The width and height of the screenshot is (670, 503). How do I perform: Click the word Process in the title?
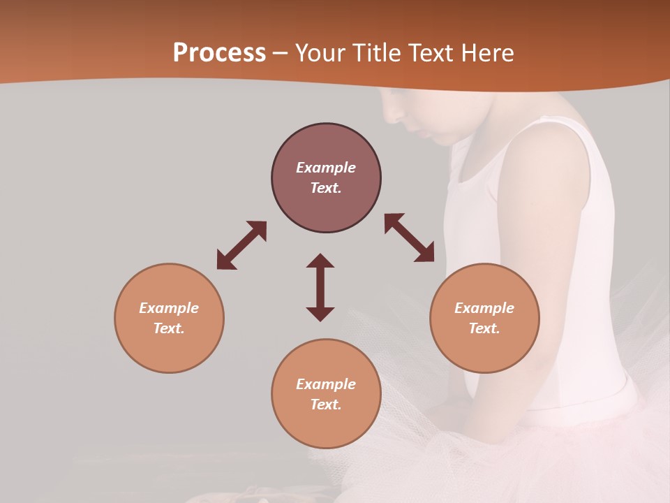pyautogui.click(x=219, y=53)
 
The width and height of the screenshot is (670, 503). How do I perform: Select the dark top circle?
pyautogui.click(x=326, y=178)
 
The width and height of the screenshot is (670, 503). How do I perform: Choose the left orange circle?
pyautogui.click(x=169, y=318)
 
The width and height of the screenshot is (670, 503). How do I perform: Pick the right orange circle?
pyautogui.click(x=484, y=318)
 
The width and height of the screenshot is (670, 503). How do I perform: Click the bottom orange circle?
pyautogui.click(x=326, y=394)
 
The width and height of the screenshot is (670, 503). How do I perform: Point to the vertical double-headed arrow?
pyautogui.click(x=320, y=287)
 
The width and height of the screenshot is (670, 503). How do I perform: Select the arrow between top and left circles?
pyautogui.click(x=241, y=245)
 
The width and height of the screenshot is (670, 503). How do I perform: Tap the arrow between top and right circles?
pyautogui.click(x=409, y=238)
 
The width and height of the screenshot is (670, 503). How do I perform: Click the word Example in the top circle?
pyautogui.click(x=326, y=168)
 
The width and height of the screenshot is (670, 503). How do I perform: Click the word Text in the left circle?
pyautogui.click(x=168, y=328)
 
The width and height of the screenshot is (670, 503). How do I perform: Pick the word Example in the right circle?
pyautogui.click(x=484, y=308)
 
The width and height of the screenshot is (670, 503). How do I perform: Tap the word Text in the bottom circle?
pyautogui.click(x=325, y=404)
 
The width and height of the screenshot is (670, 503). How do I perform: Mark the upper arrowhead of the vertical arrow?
pyautogui.click(x=320, y=261)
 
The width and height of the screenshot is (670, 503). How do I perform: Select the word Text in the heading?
pyautogui.click(x=431, y=53)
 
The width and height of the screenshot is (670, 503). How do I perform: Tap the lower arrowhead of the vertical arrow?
pyautogui.click(x=320, y=314)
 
